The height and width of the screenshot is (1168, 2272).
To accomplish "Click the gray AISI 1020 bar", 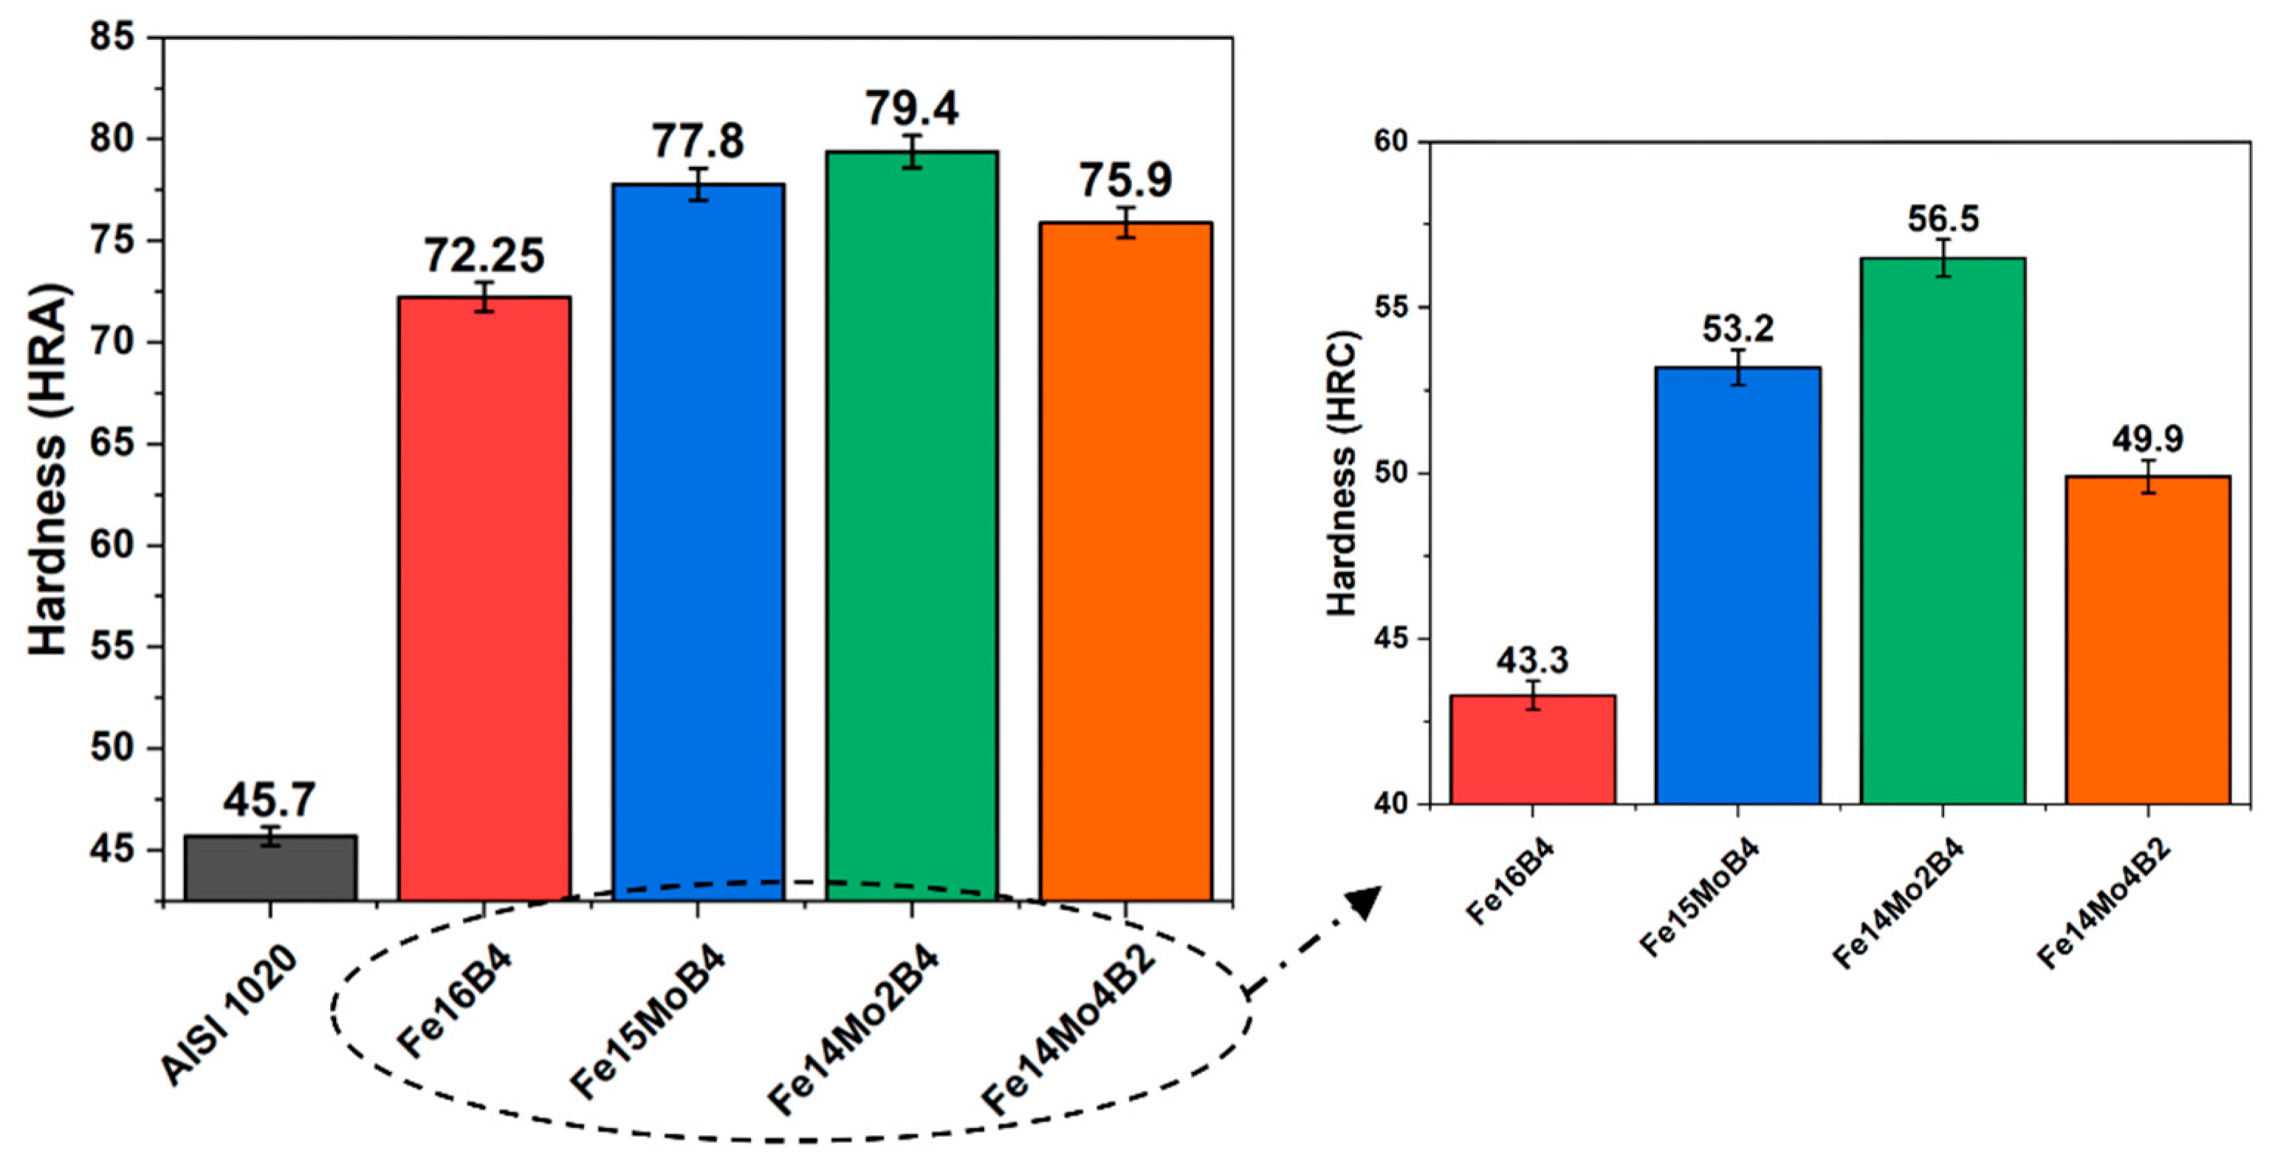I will click(x=270, y=868).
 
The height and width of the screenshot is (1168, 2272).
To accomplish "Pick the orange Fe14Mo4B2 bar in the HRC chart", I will click(x=2148, y=640).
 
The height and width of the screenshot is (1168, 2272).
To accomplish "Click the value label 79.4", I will click(x=911, y=109).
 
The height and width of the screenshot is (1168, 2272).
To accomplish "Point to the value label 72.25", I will click(x=484, y=256).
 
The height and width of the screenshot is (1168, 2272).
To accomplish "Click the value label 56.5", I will click(x=1942, y=219).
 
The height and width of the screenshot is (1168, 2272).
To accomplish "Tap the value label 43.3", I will click(x=1532, y=660).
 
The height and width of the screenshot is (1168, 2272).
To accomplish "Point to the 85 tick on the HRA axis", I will click(x=114, y=38).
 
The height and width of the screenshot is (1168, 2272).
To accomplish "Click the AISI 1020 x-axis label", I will click(x=230, y=1014).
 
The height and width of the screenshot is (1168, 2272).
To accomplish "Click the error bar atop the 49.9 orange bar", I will click(x=2148, y=477).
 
